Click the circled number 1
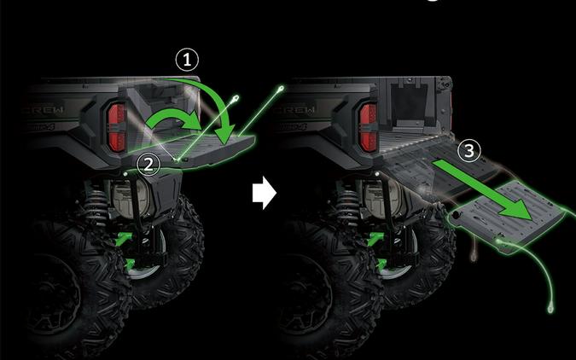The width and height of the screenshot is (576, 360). pyautogui.click(x=186, y=60)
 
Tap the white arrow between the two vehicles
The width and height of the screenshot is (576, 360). pyautogui.click(x=265, y=195)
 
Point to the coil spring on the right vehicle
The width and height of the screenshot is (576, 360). pyautogui.click(x=351, y=209)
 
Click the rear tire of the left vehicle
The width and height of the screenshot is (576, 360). pyautogui.click(x=81, y=282)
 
